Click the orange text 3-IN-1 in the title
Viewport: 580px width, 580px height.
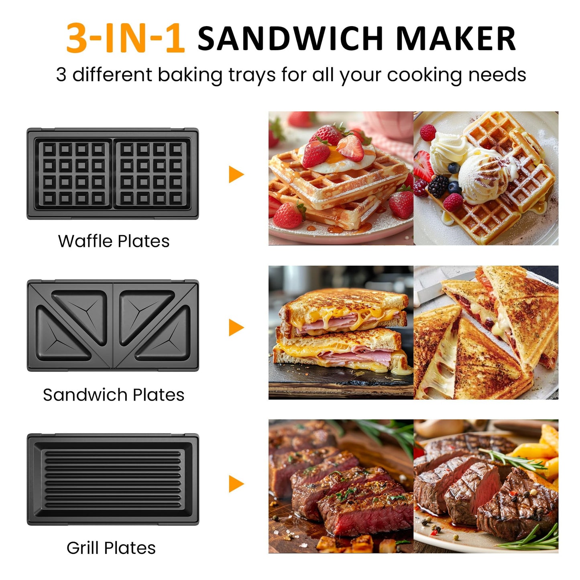coord(125,39)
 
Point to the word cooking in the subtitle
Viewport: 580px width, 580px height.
coord(424,75)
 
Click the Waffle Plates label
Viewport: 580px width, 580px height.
coord(114,241)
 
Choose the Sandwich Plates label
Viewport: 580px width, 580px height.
coord(114,395)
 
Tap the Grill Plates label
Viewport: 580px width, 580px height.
coord(111,548)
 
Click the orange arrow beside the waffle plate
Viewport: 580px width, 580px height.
coord(236,174)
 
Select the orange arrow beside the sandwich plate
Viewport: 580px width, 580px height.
coord(236,328)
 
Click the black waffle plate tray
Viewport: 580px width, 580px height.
coord(113,174)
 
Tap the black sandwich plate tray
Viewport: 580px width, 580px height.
coord(113,326)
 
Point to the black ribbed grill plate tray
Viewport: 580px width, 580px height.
coord(113,479)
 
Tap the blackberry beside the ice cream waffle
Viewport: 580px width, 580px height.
coord(438,185)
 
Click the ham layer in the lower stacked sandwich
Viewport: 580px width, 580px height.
coord(353,355)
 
